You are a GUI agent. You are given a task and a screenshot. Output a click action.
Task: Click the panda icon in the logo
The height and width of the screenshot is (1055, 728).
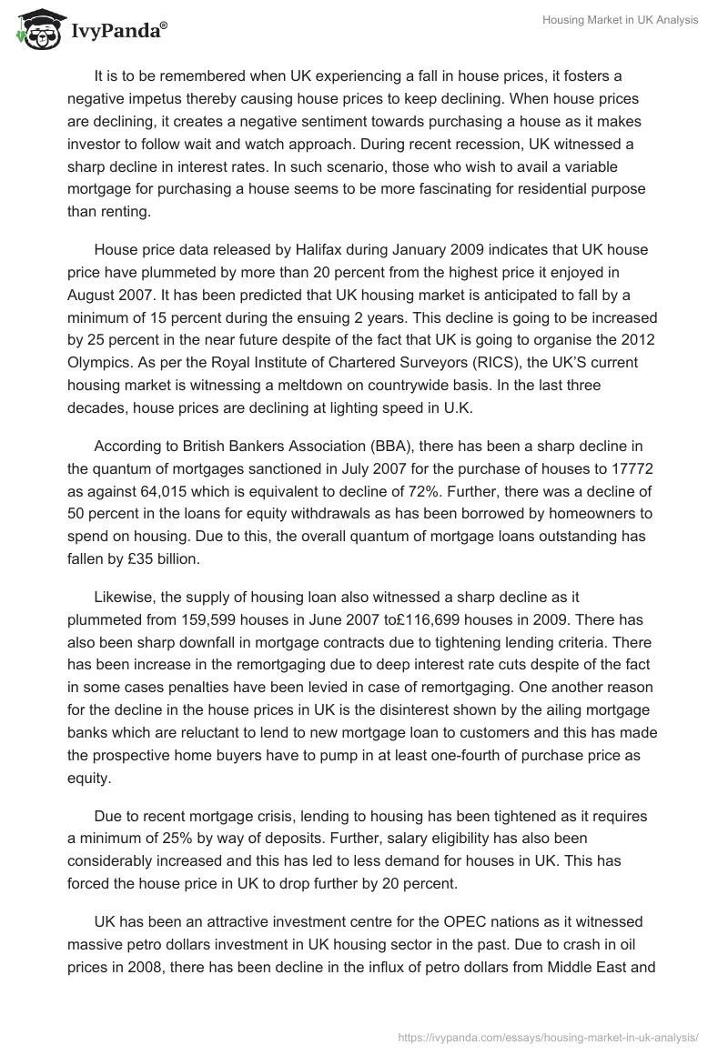[35, 29]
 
